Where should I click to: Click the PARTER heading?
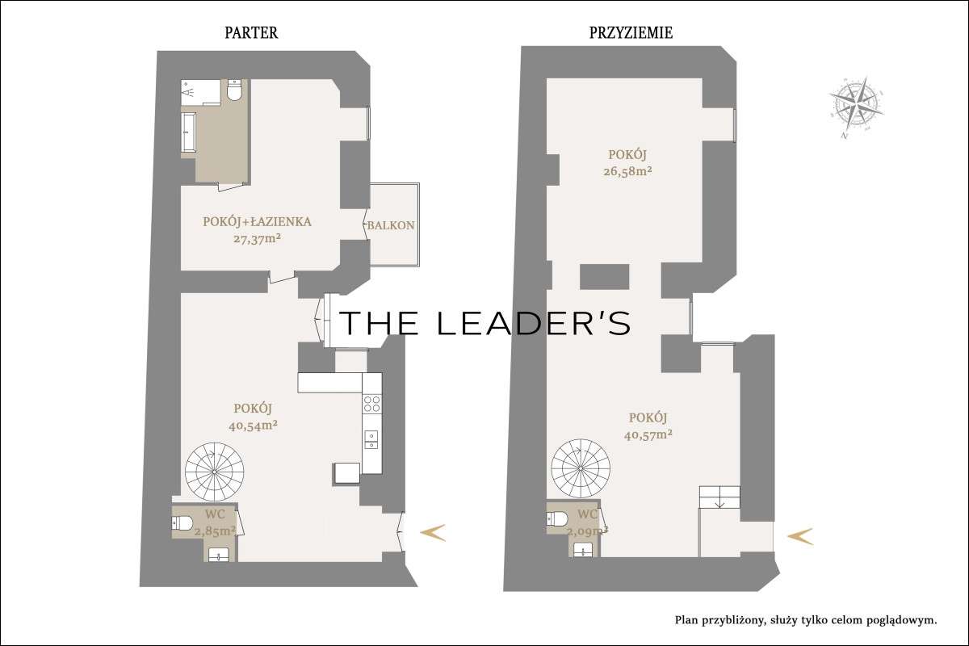click(x=251, y=33)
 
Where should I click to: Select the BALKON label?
click(x=391, y=225)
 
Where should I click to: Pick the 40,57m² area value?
click(x=648, y=434)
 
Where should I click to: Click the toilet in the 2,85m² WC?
click(x=182, y=524)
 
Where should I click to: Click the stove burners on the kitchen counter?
click(x=371, y=404)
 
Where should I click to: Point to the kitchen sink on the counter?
click(x=371, y=438)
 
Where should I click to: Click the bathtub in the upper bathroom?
click(x=190, y=132)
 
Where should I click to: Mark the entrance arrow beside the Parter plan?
click(x=433, y=531)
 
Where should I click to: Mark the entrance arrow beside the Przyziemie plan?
click(x=800, y=535)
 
